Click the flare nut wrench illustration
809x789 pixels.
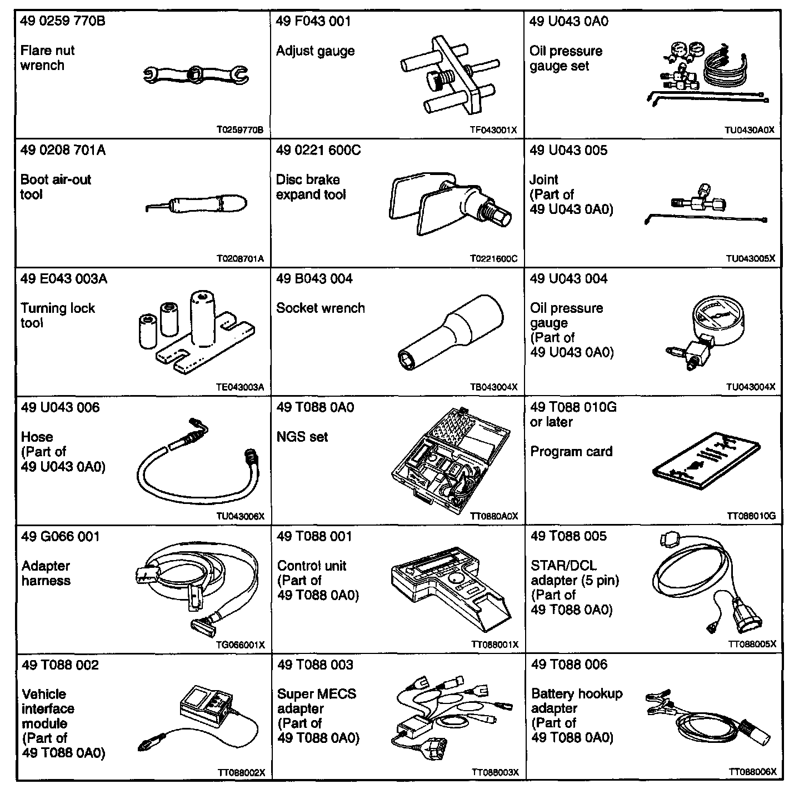point(196,74)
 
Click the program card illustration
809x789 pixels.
point(706,463)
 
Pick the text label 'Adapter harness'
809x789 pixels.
point(46,573)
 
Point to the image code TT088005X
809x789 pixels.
point(752,645)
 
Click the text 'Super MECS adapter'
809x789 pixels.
point(317,701)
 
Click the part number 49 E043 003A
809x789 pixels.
point(64,279)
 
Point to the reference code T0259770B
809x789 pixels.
point(239,131)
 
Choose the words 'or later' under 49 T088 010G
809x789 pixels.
point(551,422)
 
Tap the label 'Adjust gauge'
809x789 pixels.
point(315,52)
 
